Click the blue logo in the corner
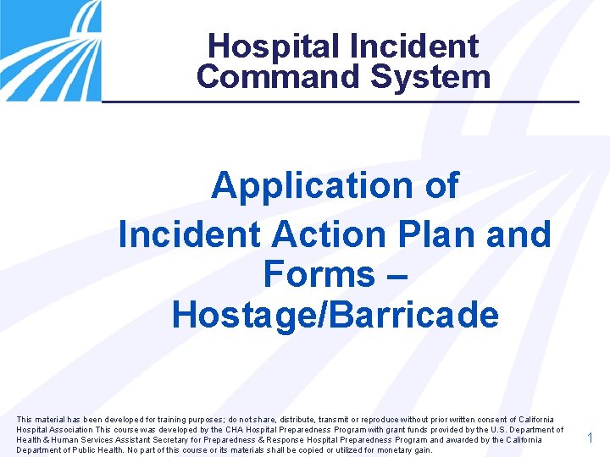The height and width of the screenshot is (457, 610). [x=51, y=51]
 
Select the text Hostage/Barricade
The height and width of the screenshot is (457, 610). [x=335, y=315]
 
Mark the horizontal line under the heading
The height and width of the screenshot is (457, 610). [x=339, y=102]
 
